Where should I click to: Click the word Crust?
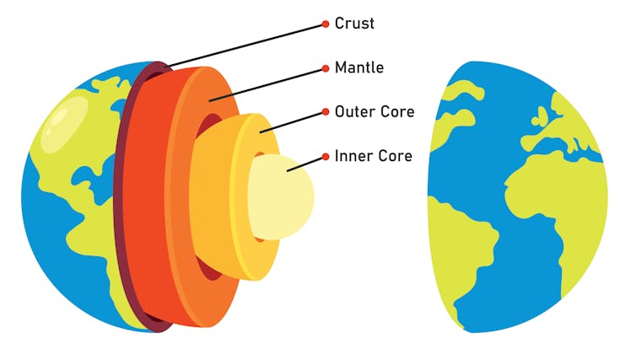[354, 24]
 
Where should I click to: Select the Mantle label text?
[359, 67]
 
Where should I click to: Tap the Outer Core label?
[375, 111]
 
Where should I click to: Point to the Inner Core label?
[373, 156]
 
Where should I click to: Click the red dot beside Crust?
[326, 24]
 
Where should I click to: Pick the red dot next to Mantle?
[326, 68]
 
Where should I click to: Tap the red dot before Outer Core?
[326, 112]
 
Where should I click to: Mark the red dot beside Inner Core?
[326, 157]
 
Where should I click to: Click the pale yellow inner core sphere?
[281, 197]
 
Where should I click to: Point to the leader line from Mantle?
[266, 84]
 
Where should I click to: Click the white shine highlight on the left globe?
[64, 124]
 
